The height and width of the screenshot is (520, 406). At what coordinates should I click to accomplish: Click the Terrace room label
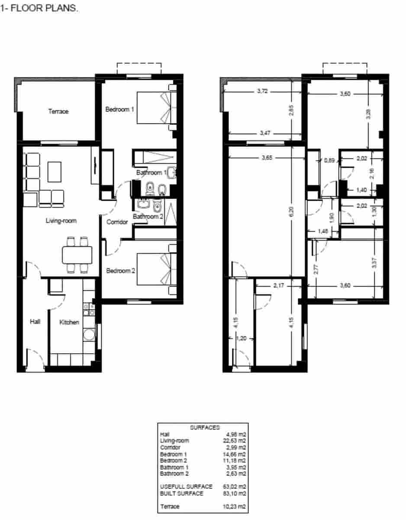(x=58, y=112)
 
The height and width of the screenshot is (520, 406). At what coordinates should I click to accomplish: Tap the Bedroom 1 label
(x=119, y=110)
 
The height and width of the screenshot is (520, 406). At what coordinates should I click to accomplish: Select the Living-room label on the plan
(x=61, y=221)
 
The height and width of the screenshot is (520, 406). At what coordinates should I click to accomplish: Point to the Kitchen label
(x=69, y=322)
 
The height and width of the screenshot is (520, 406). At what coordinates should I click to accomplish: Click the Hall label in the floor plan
(x=35, y=322)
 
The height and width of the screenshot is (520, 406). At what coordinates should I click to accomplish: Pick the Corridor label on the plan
(x=117, y=222)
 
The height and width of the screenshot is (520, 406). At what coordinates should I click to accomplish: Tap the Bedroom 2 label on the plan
(x=121, y=271)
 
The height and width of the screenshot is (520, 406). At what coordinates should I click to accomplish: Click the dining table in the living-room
(x=77, y=255)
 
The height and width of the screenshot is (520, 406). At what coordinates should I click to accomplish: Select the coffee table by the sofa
(x=55, y=172)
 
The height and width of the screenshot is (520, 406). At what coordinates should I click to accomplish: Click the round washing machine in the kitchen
(x=90, y=335)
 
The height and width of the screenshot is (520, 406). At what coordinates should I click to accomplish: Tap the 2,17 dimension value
(x=278, y=285)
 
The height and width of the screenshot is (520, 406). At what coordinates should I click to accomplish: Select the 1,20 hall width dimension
(x=242, y=339)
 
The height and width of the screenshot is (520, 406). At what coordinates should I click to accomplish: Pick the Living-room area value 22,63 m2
(x=236, y=441)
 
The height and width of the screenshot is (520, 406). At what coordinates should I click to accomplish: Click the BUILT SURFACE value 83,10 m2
(x=236, y=494)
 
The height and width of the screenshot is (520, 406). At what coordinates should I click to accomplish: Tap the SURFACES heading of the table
(x=205, y=428)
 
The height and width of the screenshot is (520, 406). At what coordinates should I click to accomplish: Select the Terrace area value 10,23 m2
(x=236, y=506)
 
